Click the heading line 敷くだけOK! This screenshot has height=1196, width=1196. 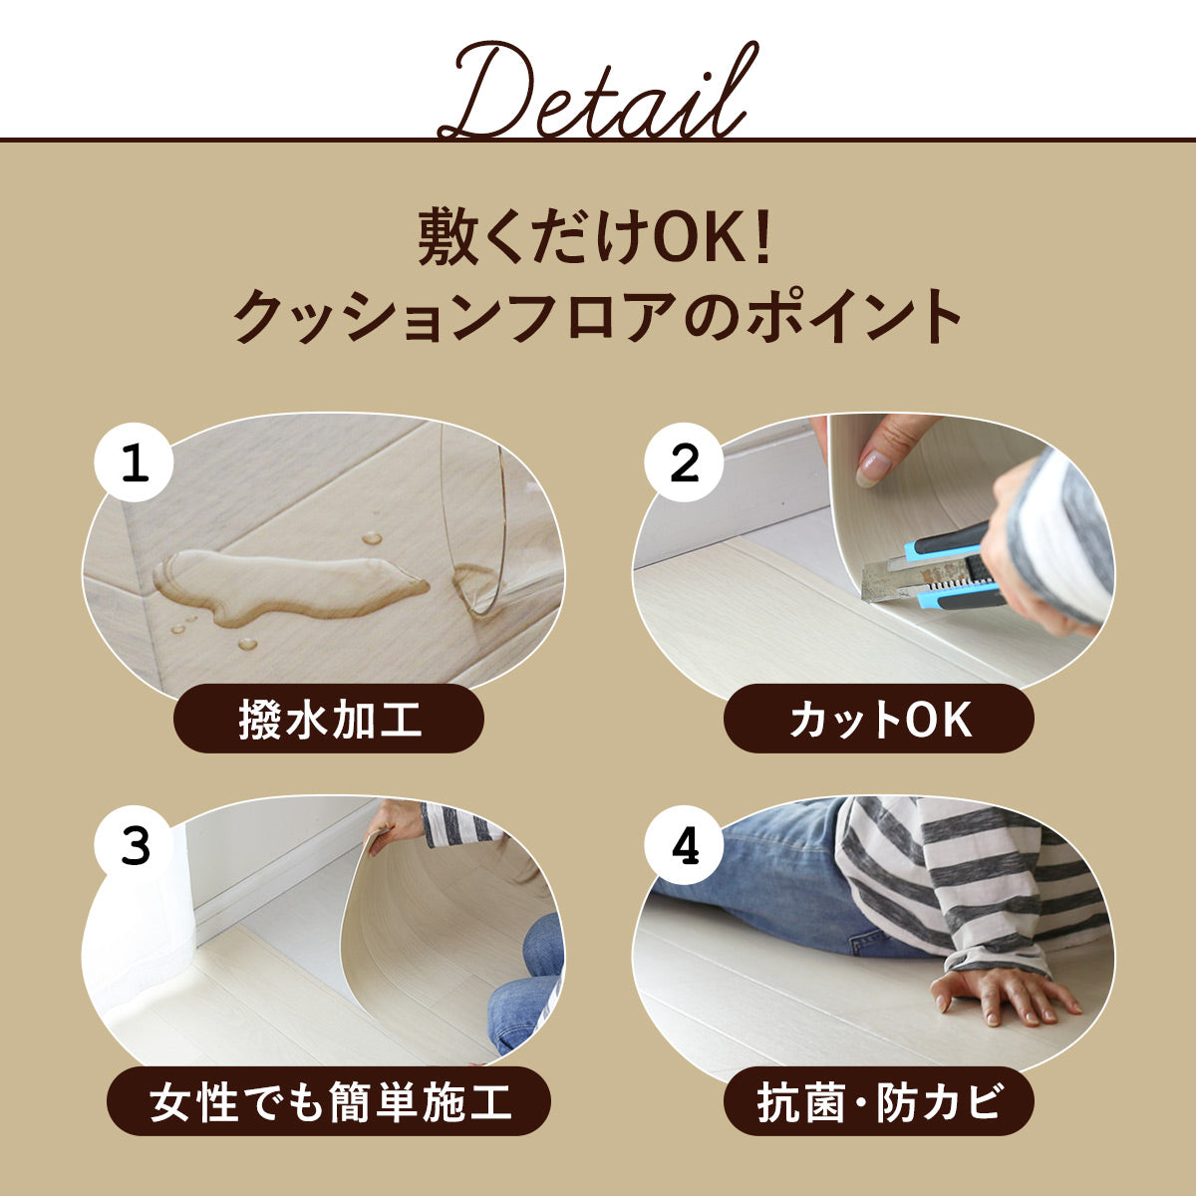point(595,238)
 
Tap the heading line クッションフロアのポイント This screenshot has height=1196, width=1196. point(598,317)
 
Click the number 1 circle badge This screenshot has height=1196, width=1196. point(135,463)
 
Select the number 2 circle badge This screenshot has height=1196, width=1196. point(684,463)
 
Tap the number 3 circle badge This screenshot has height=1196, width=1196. point(135,845)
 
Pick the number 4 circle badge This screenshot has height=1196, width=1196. point(684,845)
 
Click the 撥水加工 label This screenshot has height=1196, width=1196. point(329,720)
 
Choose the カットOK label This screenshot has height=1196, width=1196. point(879,720)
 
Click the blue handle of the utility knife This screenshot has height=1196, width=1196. point(956,568)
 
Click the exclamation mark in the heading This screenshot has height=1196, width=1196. point(763,238)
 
